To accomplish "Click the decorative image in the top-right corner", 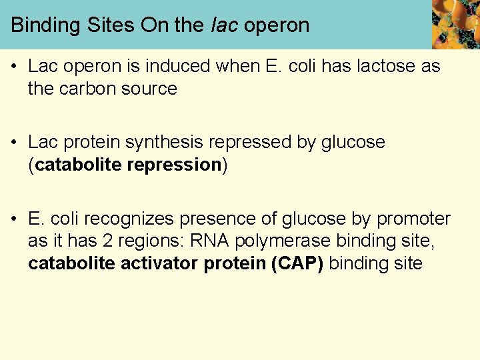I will click(455, 25).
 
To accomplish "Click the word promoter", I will click(413, 219).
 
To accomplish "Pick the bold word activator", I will click(159, 263).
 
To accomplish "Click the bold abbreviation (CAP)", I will click(297, 263).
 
